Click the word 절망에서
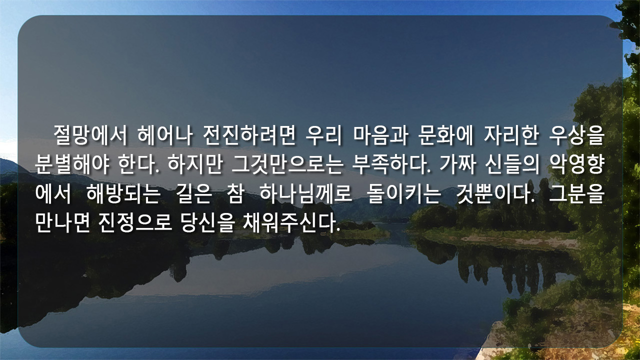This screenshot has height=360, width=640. coord(90,135)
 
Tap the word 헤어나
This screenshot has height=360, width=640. coord(165,135)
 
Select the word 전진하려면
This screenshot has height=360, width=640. coord(249,135)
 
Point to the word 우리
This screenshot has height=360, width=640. coord(323,135)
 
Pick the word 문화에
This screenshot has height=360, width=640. coord(445,135)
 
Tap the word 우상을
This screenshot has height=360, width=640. coord(576,135)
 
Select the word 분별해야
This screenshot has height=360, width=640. coord(71,164)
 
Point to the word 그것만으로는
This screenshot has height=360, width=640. coord(287,164)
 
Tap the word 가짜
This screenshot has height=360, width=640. coord(458,164)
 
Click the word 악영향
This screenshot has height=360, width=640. coord(576,164)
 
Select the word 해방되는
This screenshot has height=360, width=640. coord(123,194)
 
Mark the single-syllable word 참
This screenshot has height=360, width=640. coord(235,194)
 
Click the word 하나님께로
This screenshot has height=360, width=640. coord(305,194)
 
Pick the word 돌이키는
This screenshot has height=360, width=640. coord(404,194)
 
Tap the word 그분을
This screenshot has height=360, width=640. coord(576,194)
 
